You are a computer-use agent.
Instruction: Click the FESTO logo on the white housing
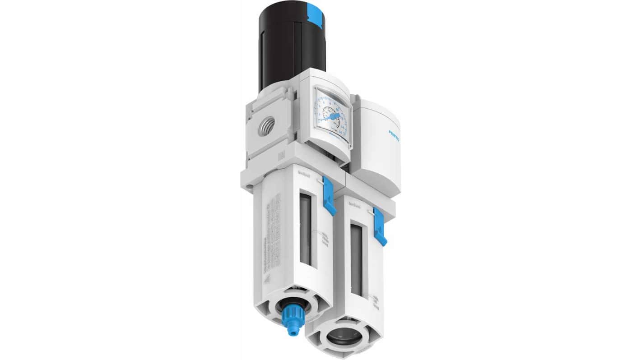pos(394,136)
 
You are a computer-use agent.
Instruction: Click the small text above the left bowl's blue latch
pos(304,172)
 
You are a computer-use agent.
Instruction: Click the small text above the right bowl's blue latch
pos(355,204)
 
